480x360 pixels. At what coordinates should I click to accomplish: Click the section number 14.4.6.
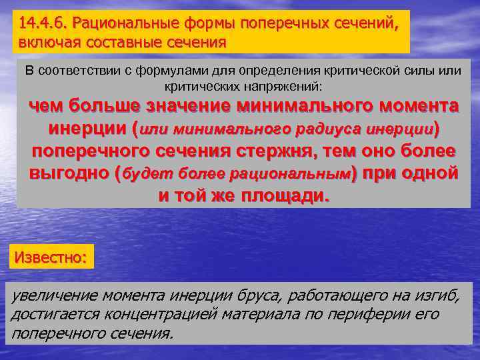click(x=43, y=25)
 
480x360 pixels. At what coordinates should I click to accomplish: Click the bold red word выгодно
click(x=69, y=173)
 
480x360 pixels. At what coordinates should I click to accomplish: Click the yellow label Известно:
click(x=51, y=256)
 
